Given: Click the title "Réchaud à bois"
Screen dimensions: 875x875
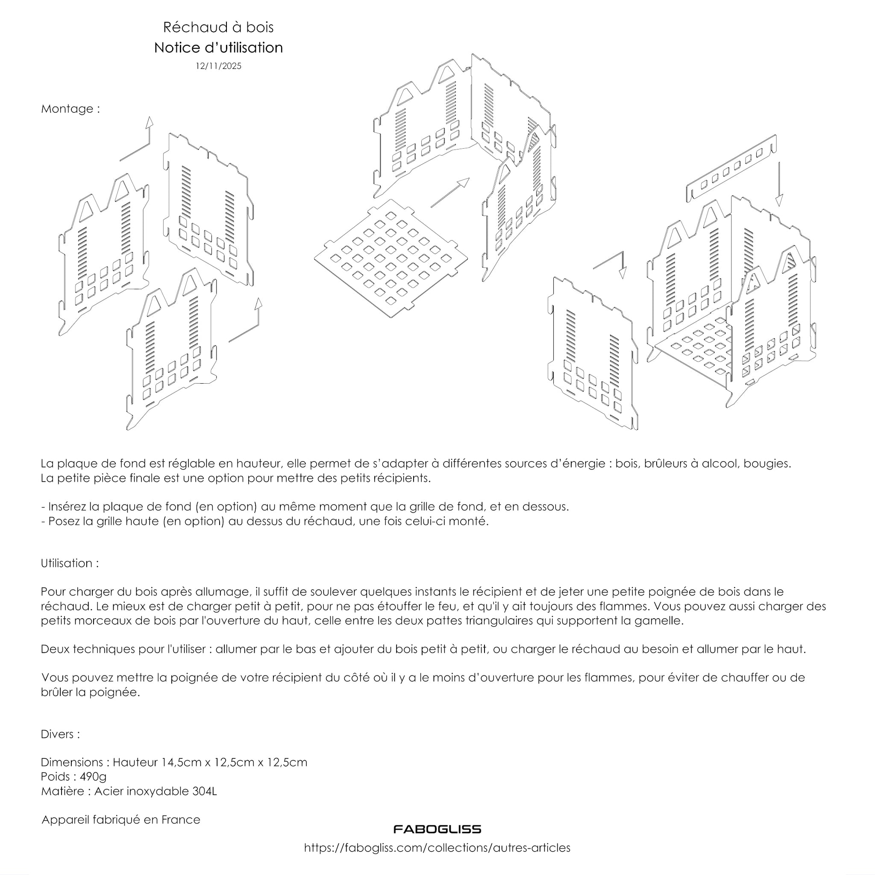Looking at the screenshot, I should pos(218,27).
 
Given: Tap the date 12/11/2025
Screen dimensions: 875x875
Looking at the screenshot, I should pos(218,66).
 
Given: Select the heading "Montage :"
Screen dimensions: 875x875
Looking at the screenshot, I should pos(70,109).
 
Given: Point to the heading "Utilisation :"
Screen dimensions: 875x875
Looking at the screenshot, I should pos(70,563).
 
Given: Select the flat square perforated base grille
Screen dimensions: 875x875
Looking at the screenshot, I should pos(391,258).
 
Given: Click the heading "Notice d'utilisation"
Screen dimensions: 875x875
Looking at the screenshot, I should pos(218,47).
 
